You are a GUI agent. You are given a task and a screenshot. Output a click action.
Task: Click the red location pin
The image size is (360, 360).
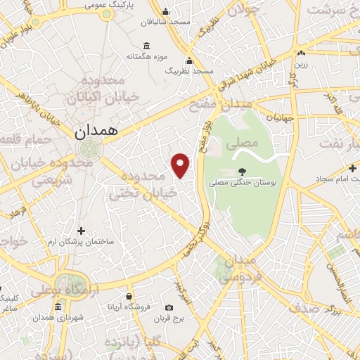coord(181,165)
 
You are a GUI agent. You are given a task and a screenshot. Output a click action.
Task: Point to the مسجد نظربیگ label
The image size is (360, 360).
coord(188,72)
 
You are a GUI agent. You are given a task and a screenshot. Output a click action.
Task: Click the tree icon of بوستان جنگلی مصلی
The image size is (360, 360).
coord(242,171)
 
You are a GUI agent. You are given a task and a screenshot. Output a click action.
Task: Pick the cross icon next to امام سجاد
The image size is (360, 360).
coord(353,169)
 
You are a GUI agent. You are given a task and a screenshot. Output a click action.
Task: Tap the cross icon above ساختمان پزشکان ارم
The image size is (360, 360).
coord(81,230)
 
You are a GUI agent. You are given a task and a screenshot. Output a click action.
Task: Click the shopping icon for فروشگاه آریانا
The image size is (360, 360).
coord(129,296)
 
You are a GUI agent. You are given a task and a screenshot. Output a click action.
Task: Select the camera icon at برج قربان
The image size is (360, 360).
coord(169,307)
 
